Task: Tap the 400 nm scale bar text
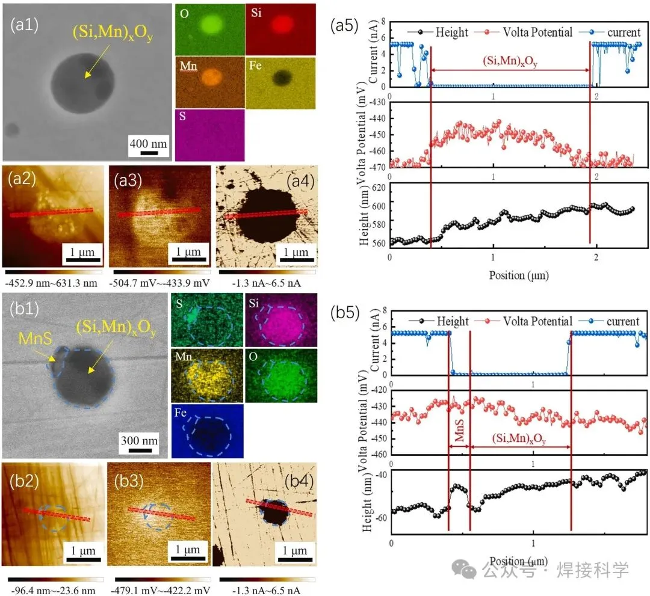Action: click(147, 143)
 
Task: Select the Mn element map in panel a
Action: click(209, 81)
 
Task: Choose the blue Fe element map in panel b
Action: click(208, 431)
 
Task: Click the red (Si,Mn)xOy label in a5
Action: click(510, 61)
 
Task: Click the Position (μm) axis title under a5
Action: click(510, 275)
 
